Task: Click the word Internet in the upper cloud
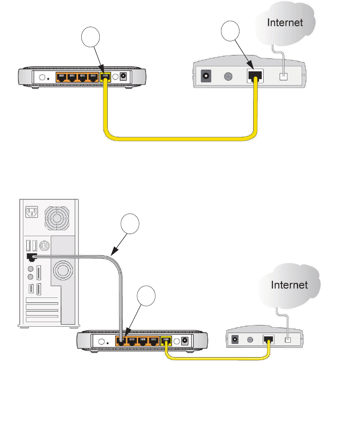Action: (x=285, y=22)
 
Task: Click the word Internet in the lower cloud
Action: (x=290, y=285)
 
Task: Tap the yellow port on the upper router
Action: (x=105, y=77)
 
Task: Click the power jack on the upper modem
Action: (x=206, y=77)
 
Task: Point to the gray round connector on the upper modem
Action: (x=229, y=77)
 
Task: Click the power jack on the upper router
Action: (x=123, y=77)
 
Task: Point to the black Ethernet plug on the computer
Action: (x=30, y=256)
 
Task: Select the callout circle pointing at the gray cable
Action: (x=130, y=225)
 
